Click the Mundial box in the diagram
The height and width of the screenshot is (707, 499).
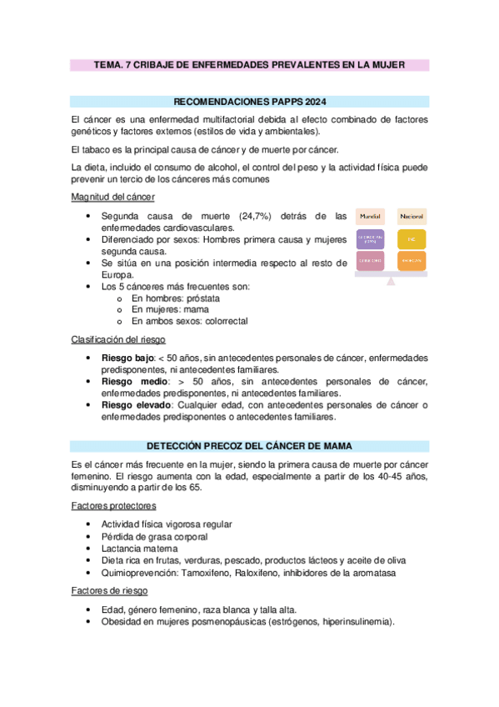pyautogui.click(x=370, y=216)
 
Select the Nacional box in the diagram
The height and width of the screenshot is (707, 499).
pyautogui.click(x=411, y=216)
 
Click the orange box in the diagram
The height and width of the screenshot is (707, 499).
pyautogui.click(x=411, y=260)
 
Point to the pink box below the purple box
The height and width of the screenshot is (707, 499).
pyautogui.click(x=370, y=260)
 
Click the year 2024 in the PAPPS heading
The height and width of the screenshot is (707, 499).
pyautogui.click(x=313, y=102)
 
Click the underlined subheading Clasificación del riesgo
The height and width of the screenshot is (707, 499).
pyautogui.click(x=117, y=339)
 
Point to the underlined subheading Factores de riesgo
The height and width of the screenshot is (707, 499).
pyautogui.click(x=109, y=590)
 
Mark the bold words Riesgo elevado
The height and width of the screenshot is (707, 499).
pyautogui.click(x=132, y=406)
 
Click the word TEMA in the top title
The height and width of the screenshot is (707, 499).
pyautogui.click(x=107, y=64)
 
